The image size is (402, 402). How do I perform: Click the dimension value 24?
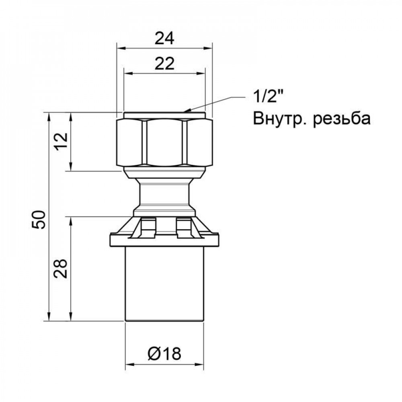point(164,39)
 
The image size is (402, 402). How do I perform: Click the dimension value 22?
point(164,63)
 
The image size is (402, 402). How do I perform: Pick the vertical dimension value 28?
point(60,268)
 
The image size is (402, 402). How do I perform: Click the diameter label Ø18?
point(164,354)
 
